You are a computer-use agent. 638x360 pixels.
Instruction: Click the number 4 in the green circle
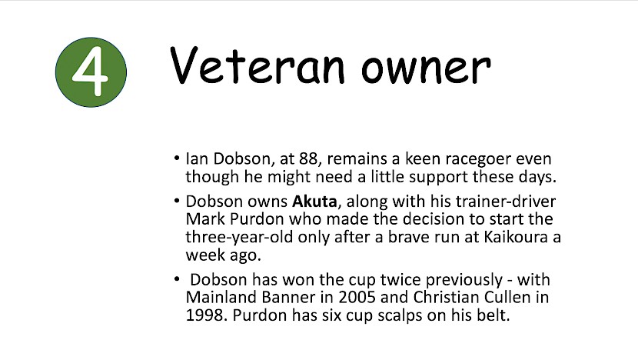click(91, 73)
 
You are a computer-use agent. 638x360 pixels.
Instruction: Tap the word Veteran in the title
click(258, 65)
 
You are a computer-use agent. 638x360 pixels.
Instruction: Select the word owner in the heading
click(426, 68)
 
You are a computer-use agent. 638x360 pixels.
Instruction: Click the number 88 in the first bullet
click(308, 158)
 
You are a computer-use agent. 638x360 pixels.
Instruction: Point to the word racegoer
click(478, 160)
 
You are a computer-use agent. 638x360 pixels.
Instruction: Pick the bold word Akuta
click(314, 202)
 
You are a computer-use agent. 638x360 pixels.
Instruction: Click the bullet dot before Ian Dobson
click(176, 158)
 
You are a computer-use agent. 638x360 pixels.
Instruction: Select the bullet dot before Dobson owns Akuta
click(176, 200)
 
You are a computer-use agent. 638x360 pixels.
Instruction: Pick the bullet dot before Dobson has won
click(176, 279)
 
